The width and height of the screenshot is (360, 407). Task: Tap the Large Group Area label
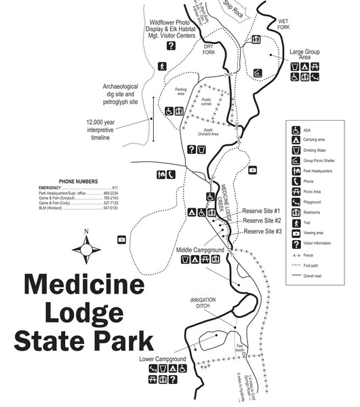pos(305,54)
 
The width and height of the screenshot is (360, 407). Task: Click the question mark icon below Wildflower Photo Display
pos(171,46)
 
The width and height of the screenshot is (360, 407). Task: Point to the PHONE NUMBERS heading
pos(78,182)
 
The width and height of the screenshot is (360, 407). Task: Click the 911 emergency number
pos(115,187)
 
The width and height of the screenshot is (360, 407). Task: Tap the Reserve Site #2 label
pos(262,221)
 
